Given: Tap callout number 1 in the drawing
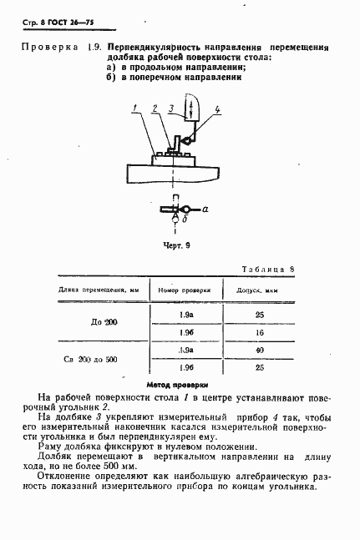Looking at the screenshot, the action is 134,108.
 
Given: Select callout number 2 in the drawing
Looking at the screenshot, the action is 155,108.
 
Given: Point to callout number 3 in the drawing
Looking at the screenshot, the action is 170,108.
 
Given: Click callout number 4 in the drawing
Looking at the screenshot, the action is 217,109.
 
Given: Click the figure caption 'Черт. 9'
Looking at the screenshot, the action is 176,246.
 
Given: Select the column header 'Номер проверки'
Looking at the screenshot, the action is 186,290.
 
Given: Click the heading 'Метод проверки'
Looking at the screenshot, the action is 176,385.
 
